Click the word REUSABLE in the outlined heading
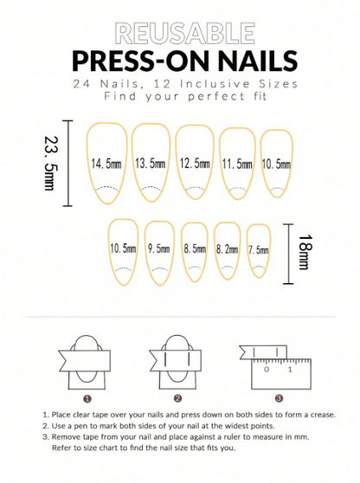point(185,33)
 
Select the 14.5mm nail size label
point(106,163)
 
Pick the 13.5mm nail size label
point(151,163)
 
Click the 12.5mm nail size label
point(195,163)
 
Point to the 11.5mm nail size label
point(237,164)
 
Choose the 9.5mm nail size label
point(158,248)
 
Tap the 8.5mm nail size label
point(195,248)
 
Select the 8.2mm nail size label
point(228,249)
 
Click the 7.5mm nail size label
point(259,250)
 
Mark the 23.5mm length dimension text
point(50,163)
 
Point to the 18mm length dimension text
point(305,253)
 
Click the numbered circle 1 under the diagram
point(87,399)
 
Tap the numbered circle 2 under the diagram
point(177,398)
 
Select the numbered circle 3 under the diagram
point(279,398)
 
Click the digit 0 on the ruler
point(267,369)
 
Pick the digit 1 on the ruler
point(290,369)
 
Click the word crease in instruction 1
point(323,415)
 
